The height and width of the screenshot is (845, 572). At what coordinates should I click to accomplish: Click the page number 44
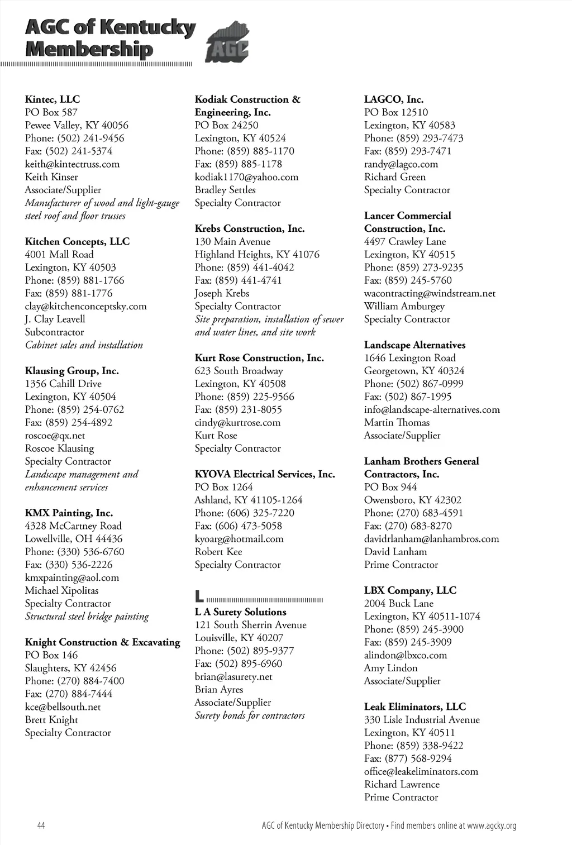point(41,825)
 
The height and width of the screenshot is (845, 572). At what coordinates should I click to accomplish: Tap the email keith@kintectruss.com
point(72,164)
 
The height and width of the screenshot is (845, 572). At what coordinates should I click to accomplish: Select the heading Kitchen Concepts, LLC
point(77,241)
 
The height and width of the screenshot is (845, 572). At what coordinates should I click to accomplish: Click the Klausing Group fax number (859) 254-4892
point(79,422)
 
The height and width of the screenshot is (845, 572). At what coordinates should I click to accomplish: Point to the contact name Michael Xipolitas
point(61,590)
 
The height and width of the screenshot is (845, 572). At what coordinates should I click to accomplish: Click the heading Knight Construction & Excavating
point(103,642)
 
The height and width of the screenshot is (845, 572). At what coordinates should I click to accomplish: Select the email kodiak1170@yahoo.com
point(246,177)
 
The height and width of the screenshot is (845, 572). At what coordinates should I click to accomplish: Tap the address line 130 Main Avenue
point(232,241)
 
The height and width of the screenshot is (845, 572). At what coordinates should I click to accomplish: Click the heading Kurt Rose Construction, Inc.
point(259,358)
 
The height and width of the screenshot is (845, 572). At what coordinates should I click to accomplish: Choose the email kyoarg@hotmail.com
point(239,539)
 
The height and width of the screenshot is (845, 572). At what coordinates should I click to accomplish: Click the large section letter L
point(199,596)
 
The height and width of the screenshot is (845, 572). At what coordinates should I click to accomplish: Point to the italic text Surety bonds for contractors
point(250,715)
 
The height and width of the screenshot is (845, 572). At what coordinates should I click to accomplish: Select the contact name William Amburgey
point(404,306)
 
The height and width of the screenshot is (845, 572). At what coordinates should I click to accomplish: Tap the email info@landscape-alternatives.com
point(432,409)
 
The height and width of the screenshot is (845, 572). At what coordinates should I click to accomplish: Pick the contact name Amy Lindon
point(390,668)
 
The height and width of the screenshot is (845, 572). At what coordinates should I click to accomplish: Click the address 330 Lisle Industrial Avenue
point(422,720)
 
